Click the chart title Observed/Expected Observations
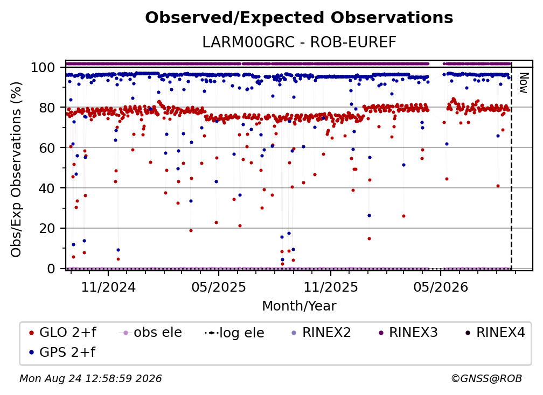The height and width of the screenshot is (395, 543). [x=299, y=18]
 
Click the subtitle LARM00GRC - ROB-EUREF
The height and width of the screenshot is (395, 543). [x=299, y=43]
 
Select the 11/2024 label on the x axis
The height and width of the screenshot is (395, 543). [x=108, y=287]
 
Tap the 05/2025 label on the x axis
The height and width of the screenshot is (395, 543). [x=219, y=287]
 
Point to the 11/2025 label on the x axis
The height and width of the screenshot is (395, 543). [x=331, y=287]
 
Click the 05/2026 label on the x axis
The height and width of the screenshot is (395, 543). [x=441, y=287]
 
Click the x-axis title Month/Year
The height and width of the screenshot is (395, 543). [x=299, y=306]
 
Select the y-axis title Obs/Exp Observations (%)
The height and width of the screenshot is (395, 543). [x=16, y=169]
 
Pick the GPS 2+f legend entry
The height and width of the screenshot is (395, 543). [x=62, y=352]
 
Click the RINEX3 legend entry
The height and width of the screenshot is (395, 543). [x=409, y=333]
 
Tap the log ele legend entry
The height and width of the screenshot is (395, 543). [x=234, y=333]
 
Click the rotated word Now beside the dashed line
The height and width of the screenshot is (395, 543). [x=523, y=83]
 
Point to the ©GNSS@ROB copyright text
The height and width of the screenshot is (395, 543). [x=486, y=378]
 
